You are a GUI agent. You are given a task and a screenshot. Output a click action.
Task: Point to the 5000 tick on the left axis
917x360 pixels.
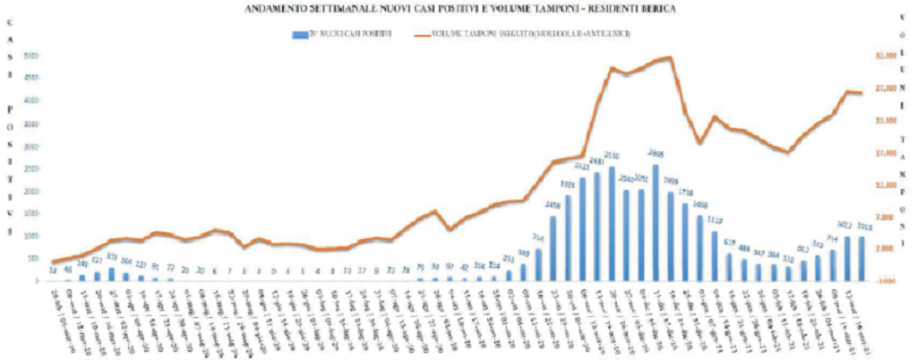(x=30, y=56)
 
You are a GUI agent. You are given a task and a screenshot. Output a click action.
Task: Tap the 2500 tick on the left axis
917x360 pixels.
(x=30, y=168)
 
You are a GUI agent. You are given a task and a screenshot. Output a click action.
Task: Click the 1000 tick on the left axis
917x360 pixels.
(x=30, y=236)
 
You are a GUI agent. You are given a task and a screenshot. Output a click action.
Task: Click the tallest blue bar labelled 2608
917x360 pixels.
(x=656, y=224)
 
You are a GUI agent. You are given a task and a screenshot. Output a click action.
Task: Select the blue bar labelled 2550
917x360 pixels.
(x=612, y=225)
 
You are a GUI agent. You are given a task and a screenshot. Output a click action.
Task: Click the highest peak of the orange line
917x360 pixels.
(x=669, y=57)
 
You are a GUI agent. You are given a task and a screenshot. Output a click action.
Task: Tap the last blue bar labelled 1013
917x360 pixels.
(x=861, y=259)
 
